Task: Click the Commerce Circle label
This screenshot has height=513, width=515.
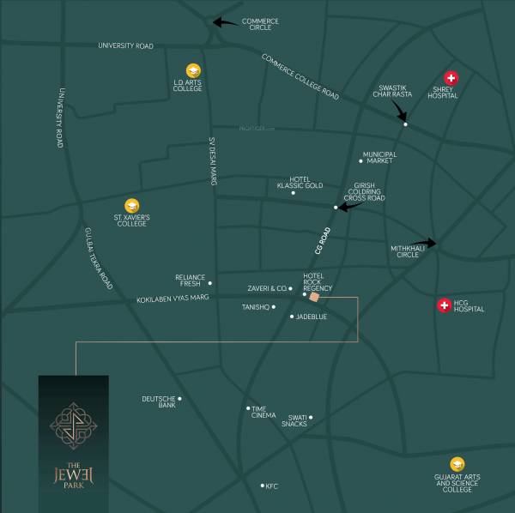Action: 260,24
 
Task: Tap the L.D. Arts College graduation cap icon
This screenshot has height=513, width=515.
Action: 193,70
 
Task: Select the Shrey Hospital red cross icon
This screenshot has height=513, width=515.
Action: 451,77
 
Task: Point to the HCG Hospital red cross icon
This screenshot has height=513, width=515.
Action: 444,305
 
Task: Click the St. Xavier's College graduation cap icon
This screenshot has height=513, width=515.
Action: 132,205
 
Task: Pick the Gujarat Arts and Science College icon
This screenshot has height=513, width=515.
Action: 457,464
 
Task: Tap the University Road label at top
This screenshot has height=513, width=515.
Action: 125,45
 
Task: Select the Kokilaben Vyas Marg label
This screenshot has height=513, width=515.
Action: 173,299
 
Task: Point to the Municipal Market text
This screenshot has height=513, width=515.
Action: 379,157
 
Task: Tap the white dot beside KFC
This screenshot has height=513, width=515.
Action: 263,486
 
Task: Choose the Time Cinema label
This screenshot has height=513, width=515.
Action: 264,412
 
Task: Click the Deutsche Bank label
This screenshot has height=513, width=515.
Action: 159,401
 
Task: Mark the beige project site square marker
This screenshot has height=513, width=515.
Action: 314,297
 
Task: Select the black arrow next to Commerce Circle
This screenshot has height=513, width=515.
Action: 227,23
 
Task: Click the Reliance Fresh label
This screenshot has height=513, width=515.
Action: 191,280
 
